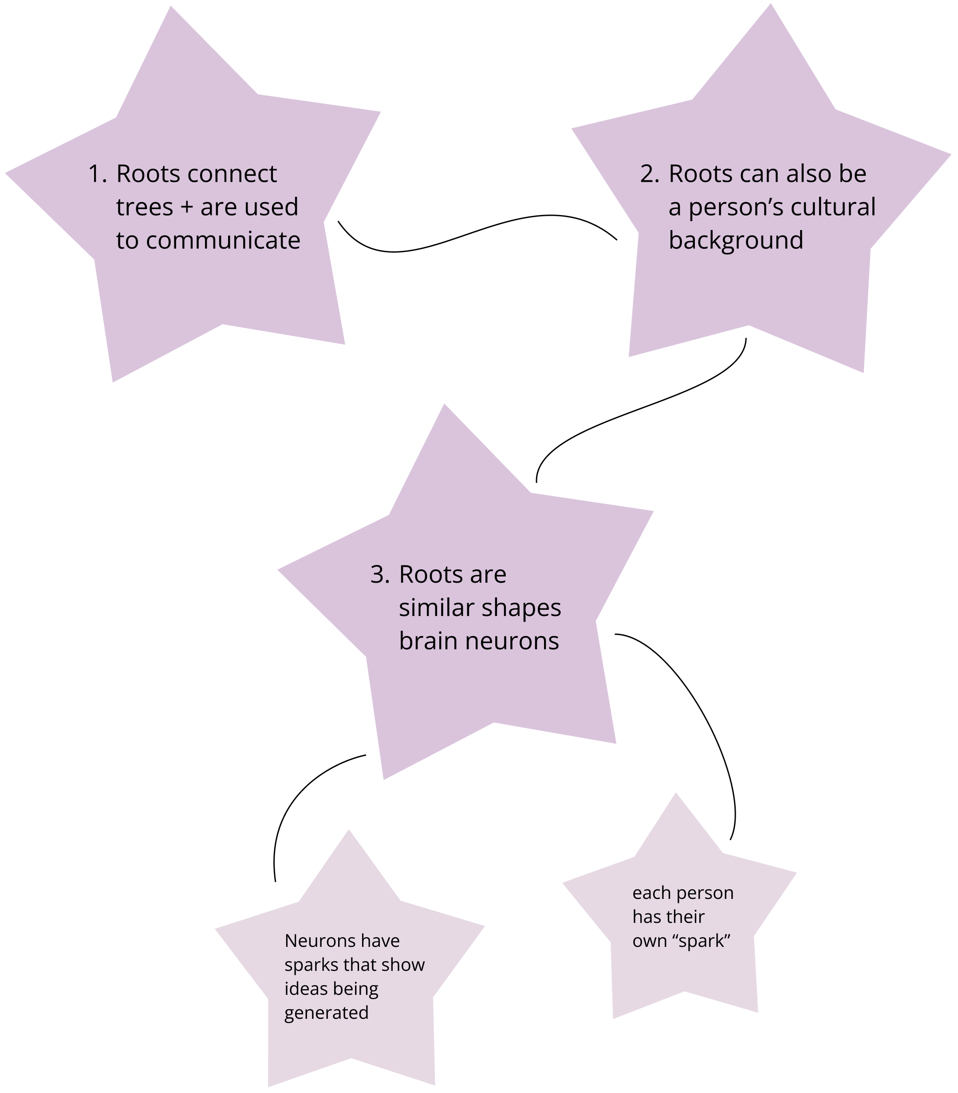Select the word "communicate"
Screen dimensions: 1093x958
point(223,241)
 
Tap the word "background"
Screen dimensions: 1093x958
point(736,241)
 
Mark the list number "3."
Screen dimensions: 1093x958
point(380,575)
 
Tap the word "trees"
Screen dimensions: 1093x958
point(144,207)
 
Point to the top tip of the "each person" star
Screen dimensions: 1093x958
point(676,794)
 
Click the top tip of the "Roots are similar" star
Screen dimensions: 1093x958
point(445,405)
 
